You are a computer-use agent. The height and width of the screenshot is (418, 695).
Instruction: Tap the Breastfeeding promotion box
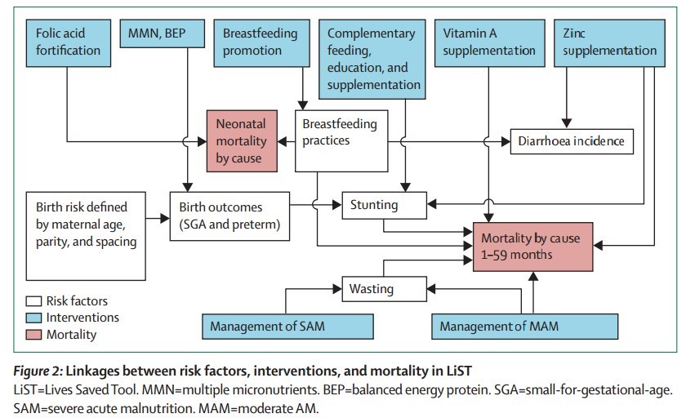click(261, 42)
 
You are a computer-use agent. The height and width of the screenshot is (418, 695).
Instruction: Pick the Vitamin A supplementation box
click(488, 42)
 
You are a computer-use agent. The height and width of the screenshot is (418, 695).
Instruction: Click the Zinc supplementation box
click(609, 42)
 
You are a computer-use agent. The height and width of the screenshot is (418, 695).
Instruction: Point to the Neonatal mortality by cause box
click(242, 140)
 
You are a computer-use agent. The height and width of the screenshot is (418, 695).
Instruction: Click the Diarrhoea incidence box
click(572, 141)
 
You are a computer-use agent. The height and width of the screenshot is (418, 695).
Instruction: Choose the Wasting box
click(383, 288)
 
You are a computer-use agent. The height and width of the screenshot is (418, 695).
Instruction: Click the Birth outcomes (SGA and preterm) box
click(229, 216)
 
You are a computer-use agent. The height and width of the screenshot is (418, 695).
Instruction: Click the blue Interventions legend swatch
click(33, 318)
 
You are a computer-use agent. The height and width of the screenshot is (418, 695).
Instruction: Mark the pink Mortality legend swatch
click(33, 335)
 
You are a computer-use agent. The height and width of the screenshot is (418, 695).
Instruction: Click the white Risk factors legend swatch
click(33, 300)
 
